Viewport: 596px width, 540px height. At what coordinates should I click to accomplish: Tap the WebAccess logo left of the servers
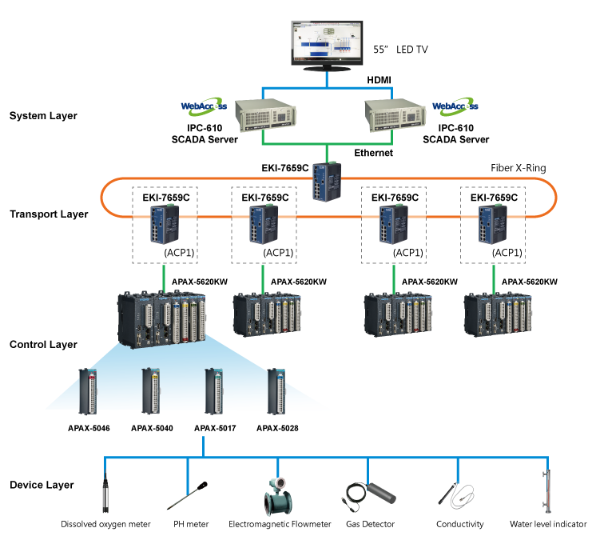click(204, 106)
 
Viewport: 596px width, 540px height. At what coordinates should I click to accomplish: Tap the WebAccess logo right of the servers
click(455, 106)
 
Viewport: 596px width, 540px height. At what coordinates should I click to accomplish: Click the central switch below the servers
click(328, 182)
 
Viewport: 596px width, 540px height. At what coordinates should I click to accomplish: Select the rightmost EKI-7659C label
click(494, 197)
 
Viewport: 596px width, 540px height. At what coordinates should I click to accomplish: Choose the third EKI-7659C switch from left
click(391, 226)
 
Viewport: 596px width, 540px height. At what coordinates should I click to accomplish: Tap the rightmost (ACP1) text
click(507, 253)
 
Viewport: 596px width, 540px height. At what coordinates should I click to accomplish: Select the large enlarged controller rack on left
click(163, 318)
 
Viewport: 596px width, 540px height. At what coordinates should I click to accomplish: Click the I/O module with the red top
click(88, 390)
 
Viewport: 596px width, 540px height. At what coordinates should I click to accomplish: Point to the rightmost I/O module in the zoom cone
click(277, 390)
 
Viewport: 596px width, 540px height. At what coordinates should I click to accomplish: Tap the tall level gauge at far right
click(548, 488)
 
